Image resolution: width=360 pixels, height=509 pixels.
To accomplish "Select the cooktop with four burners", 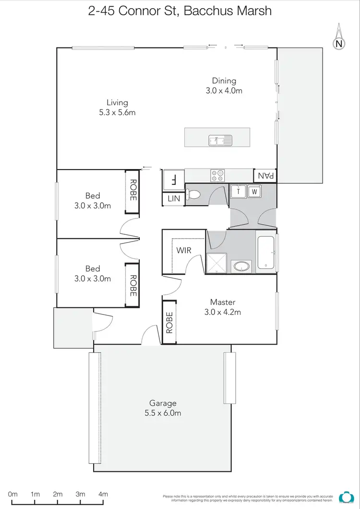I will [217, 176].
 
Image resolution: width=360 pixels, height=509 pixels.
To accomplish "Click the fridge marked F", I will [173, 180].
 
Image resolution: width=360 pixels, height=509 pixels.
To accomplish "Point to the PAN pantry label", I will [265, 176].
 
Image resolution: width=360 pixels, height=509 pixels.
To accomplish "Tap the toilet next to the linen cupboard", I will [194, 194].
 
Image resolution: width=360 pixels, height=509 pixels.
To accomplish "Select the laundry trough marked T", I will [238, 191].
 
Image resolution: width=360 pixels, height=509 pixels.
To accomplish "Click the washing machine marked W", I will [254, 191].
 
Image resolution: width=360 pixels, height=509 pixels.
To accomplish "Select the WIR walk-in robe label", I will [183, 251].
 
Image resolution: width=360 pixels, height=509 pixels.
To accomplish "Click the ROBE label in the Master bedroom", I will [169, 322].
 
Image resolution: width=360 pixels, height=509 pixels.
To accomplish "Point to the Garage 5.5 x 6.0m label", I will [163, 408].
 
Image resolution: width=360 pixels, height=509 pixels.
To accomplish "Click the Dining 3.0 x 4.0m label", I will [224, 85].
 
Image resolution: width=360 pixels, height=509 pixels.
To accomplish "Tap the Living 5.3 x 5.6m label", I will [117, 107].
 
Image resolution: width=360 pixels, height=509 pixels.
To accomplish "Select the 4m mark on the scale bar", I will [103, 494].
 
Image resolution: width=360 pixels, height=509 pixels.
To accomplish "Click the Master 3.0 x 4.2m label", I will [222, 307].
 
